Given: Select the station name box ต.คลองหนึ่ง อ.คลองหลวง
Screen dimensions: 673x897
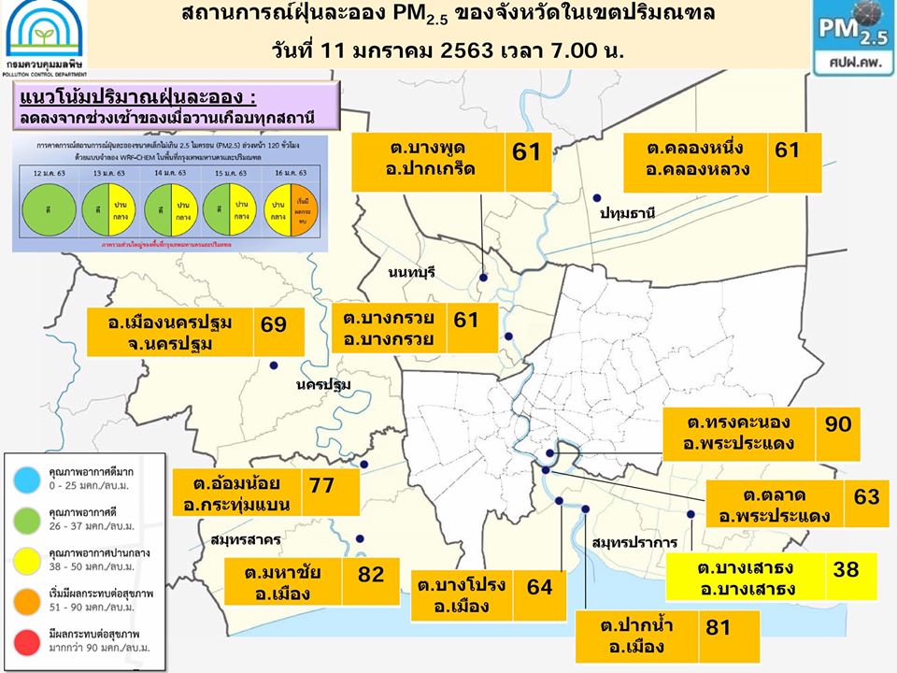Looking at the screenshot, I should [694, 161].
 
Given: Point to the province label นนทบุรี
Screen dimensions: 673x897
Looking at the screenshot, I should [412, 273].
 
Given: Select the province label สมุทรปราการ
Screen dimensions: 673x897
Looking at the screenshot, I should [633, 543].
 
